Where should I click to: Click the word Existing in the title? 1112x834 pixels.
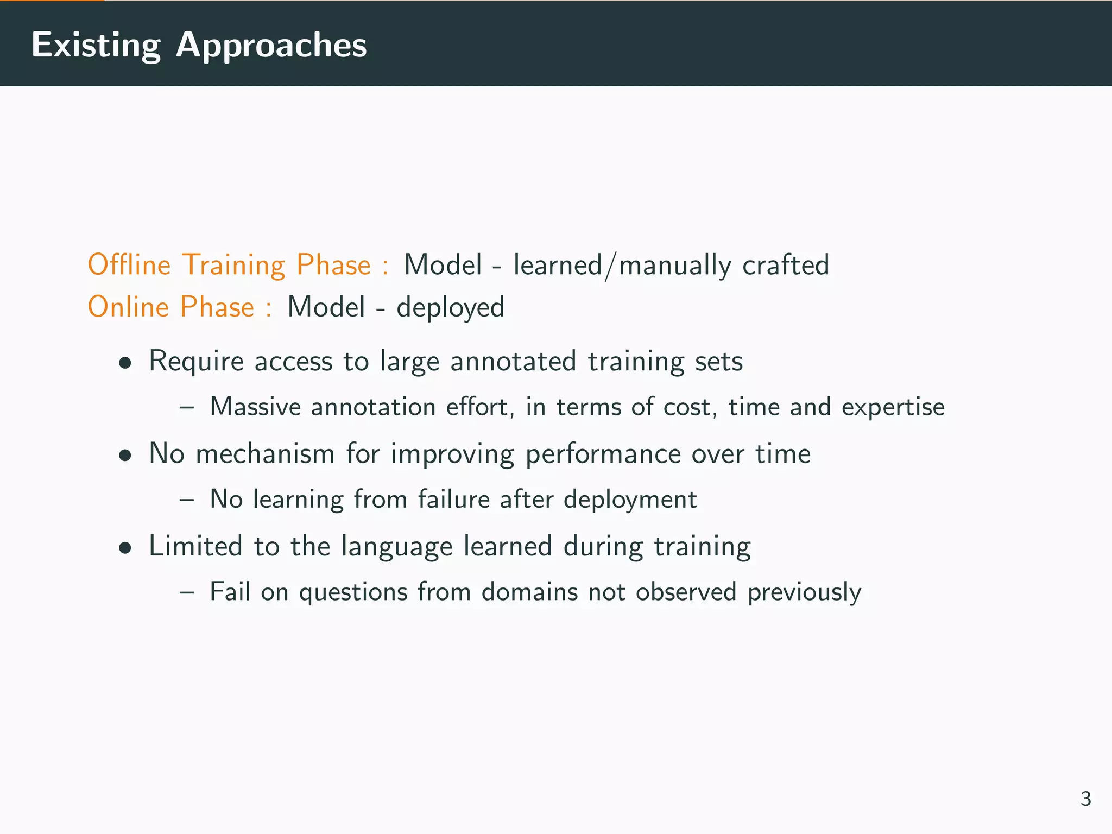click(x=96, y=45)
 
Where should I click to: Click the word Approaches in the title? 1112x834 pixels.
click(x=271, y=45)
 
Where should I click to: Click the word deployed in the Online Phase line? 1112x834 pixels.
click(x=450, y=307)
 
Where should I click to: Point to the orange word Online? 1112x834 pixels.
click(x=128, y=307)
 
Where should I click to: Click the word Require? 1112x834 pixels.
click(x=196, y=362)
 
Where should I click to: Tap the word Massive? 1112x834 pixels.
click(x=255, y=407)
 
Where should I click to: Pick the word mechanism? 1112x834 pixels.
click(x=265, y=453)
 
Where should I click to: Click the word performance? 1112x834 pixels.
click(x=603, y=454)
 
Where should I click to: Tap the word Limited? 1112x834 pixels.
click(x=195, y=546)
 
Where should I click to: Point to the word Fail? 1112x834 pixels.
click(x=230, y=591)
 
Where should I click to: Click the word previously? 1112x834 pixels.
click(x=804, y=592)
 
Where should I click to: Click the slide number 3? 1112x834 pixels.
click(x=1085, y=799)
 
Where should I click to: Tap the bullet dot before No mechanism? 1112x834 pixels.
click(x=125, y=455)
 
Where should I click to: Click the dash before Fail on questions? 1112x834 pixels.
click(x=186, y=592)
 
